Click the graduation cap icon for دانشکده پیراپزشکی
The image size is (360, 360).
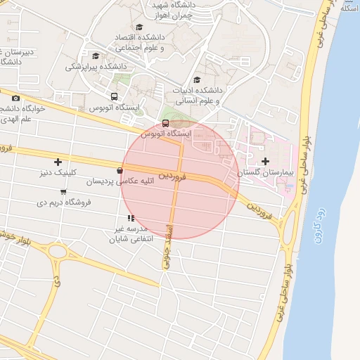click(x=96, y=56)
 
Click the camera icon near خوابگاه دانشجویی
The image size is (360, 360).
click(x=16, y=98)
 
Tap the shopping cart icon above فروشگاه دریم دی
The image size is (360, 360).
click(x=63, y=191)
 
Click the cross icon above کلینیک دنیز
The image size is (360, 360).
click(x=58, y=162)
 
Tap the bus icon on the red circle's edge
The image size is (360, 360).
click(x=165, y=123)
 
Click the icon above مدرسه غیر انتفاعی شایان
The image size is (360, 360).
click(x=131, y=218)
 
